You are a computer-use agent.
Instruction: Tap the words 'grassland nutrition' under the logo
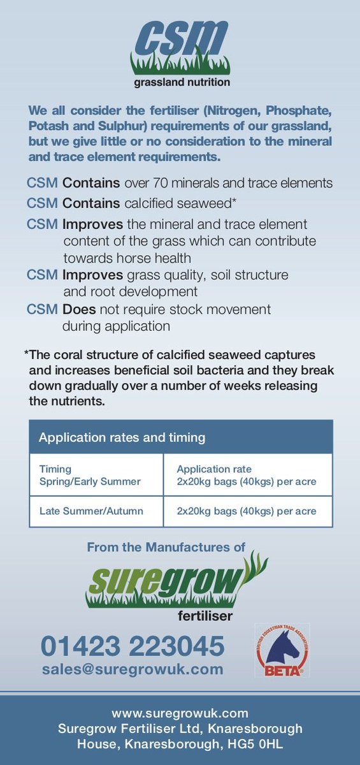point(182,82)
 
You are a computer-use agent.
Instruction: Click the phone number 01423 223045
point(133,646)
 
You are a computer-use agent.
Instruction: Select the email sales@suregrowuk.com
point(133,669)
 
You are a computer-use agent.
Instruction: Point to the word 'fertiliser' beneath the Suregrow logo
point(205,616)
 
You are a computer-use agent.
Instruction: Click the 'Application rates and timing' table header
point(122,437)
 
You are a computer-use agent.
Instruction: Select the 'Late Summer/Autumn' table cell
point(91,511)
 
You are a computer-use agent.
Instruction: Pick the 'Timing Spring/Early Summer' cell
point(89,475)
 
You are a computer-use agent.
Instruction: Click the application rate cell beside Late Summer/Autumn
point(246,511)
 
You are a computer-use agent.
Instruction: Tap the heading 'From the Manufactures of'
point(166,547)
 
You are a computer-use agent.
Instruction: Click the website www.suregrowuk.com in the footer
point(180,713)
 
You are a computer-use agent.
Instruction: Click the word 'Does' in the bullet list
point(79,309)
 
